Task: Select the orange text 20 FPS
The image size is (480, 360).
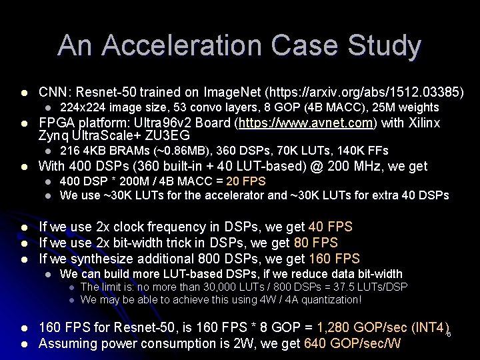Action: click(246, 181)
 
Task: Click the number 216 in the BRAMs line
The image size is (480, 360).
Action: click(69, 151)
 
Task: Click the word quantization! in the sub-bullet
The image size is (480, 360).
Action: click(331, 299)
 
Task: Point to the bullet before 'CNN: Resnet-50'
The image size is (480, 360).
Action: click(25, 91)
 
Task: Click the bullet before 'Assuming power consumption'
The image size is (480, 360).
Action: click(25, 344)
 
